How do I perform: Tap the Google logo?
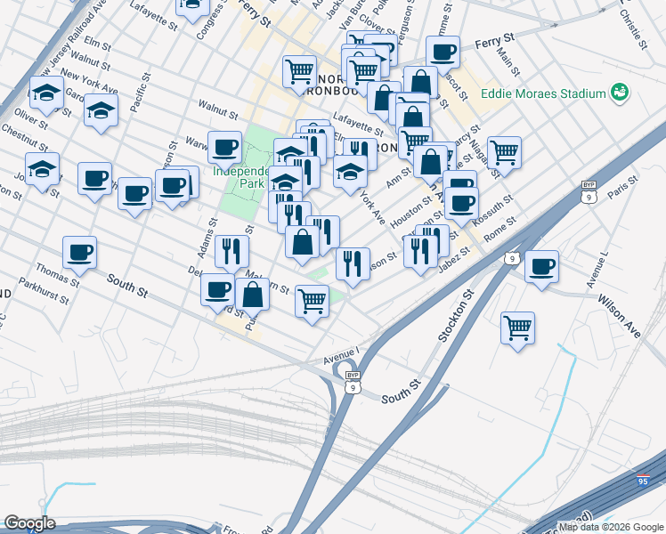pyautogui.click(x=28, y=523)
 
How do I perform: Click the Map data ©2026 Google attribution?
pyautogui.click(x=611, y=527)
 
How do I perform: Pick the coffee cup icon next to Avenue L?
pyautogui.click(x=541, y=265)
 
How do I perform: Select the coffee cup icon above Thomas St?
pyautogui.click(x=80, y=252)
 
